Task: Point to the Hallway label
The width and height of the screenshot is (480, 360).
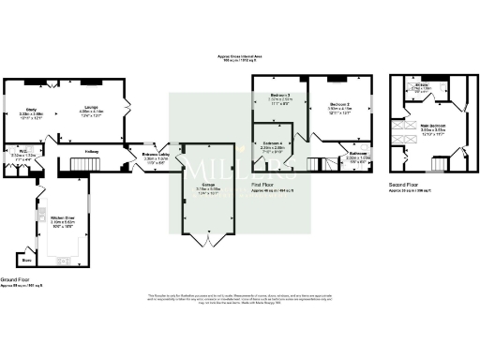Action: (x=91, y=151)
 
